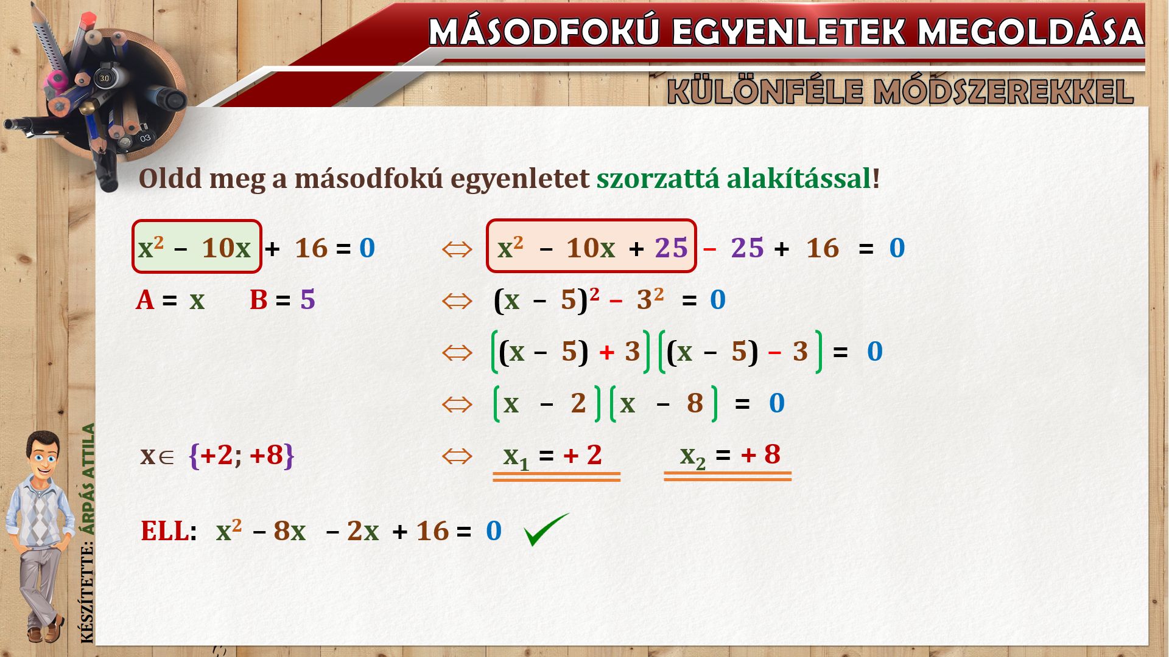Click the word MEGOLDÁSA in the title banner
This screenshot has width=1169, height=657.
click(1031, 32)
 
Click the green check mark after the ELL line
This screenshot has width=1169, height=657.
click(546, 529)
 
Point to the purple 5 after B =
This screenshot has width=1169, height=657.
click(307, 300)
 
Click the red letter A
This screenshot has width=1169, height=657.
click(145, 300)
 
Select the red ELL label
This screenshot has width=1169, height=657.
click(164, 531)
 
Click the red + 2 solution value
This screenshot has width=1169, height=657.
click(583, 454)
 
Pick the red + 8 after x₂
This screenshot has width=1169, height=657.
click(760, 454)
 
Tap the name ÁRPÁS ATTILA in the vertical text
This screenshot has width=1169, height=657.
click(89, 479)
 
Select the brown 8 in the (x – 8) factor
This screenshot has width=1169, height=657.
click(695, 403)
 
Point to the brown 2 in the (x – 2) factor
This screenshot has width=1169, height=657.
click(578, 403)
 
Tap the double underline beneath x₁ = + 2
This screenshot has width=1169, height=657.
click(556, 477)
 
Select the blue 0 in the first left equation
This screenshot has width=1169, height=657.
click(367, 248)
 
